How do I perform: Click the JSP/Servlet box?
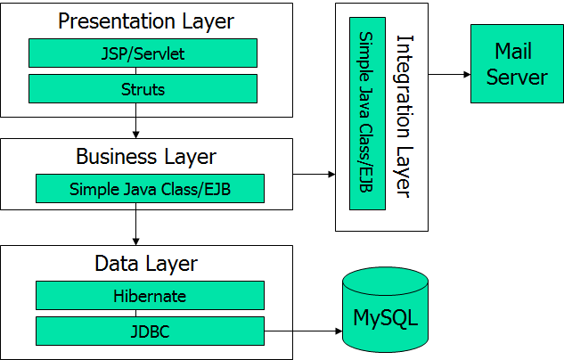(x=143, y=53)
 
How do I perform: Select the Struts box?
(x=143, y=89)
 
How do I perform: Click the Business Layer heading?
(x=145, y=157)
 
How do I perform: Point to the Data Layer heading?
(x=146, y=264)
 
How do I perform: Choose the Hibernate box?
(x=150, y=295)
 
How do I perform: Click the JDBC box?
(x=150, y=331)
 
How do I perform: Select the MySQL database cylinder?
(x=385, y=316)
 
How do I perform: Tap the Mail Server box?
(x=517, y=63)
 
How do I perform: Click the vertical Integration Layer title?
(x=405, y=116)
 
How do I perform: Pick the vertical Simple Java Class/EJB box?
(x=367, y=112)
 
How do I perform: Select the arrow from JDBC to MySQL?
(x=303, y=331)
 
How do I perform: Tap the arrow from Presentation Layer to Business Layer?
(x=135, y=127)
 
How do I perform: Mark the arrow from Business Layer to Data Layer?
(x=135, y=228)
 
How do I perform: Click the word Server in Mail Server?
(x=517, y=77)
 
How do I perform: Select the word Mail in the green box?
(x=513, y=51)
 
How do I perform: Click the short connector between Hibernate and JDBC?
(x=150, y=313)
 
